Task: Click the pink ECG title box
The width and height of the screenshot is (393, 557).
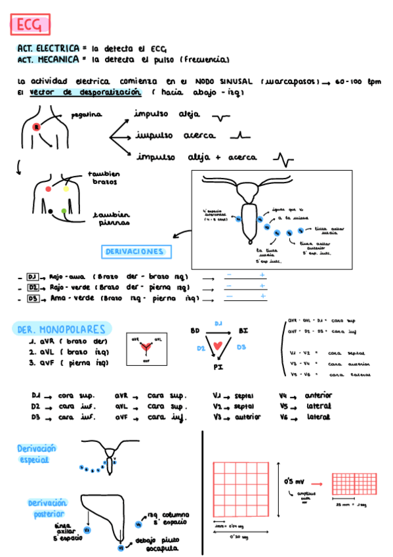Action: coord(30,25)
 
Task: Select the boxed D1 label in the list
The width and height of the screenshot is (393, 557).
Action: coord(34,276)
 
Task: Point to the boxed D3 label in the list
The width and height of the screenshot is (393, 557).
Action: coord(34,298)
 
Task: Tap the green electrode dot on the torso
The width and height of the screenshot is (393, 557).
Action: coord(64,211)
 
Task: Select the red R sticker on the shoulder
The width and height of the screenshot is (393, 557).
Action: coord(37,126)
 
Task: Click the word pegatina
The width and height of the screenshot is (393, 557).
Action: coord(86,115)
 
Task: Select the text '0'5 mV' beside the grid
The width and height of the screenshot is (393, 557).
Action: coord(293,481)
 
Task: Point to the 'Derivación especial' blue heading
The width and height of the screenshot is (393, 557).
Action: coord(37,453)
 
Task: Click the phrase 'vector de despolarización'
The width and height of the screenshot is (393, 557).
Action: coord(85,93)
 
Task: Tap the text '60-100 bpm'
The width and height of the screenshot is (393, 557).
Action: coord(357,81)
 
